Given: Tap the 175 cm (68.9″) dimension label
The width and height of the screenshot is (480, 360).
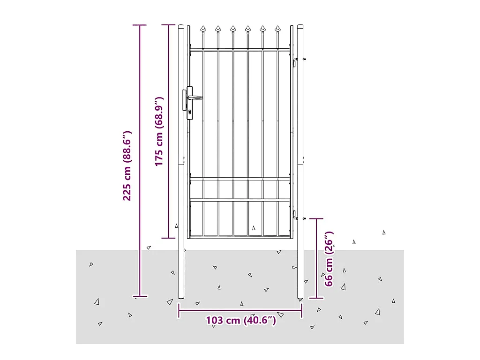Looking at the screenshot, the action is click(x=159, y=131).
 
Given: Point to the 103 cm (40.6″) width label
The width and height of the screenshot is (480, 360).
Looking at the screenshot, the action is click(x=240, y=321).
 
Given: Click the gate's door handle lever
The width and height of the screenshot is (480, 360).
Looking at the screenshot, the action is click(x=196, y=97).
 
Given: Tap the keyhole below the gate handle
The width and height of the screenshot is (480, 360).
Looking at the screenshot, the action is click(x=189, y=112).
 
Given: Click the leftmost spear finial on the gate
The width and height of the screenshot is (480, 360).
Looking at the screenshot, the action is click(x=203, y=30).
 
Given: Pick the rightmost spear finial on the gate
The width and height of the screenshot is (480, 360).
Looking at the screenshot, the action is click(x=277, y=30).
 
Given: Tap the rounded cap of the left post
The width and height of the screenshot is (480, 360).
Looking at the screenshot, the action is click(x=181, y=26).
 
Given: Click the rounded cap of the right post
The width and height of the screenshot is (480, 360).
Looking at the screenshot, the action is click(x=300, y=26).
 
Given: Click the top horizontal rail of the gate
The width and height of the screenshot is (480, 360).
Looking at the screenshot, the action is click(x=240, y=50).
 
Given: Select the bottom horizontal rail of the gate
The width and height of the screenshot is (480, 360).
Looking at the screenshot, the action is click(x=240, y=237).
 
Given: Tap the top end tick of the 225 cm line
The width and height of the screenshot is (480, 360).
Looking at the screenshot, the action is click(x=139, y=25).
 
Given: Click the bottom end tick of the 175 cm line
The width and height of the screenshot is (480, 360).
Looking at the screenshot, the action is click(x=169, y=238).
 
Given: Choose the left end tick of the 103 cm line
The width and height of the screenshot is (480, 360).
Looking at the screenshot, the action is click(x=179, y=310).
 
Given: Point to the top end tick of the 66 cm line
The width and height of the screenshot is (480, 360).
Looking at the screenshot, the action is click(x=316, y=218).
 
